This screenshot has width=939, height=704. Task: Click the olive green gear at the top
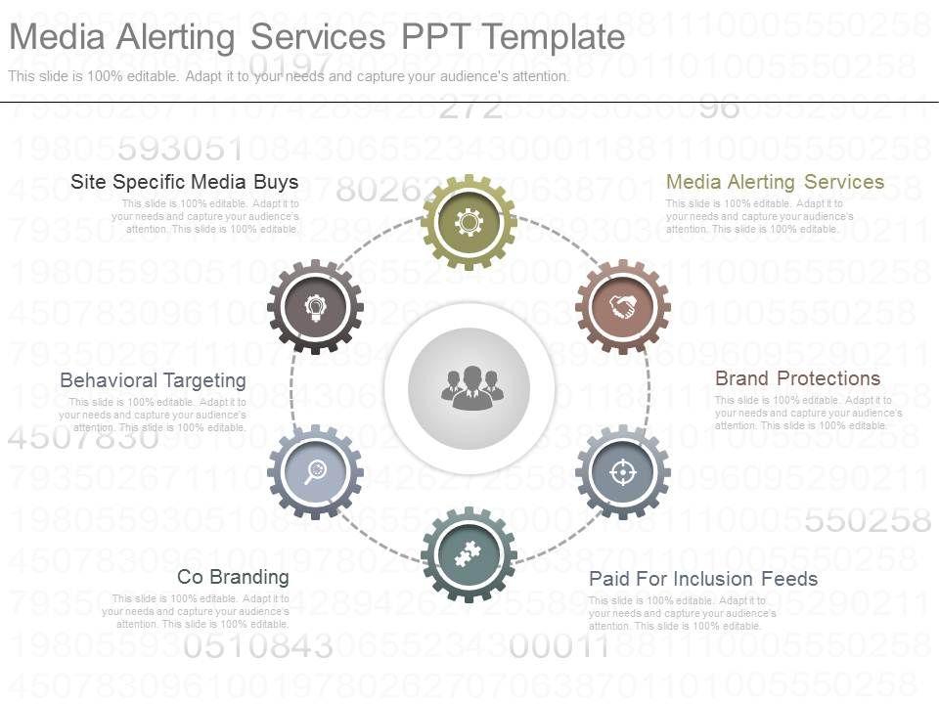[x=469, y=223]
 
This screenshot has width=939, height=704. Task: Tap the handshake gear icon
[x=622, y=307]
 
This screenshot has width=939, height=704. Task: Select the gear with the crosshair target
[x=622, y=472]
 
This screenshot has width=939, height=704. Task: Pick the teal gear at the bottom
[x=469, y=554]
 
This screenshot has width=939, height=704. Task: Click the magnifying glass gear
[x=315, y=472]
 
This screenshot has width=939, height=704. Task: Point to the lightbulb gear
[x=315, y=307]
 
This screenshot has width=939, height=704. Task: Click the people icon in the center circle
[x=469, y=387]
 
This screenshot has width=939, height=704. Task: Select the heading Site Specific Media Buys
[x=185, y=182]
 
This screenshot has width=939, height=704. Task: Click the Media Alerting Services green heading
[x=775, y=182]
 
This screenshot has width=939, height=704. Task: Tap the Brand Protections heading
[x=797, y=378]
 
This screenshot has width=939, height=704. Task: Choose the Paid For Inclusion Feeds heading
[x=703, y=579]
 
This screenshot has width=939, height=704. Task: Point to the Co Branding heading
[x=233, y=577]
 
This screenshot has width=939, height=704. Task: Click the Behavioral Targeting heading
[x=153, y=380]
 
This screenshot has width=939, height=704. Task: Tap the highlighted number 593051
[x=179, y=151]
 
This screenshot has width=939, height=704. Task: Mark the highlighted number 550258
[x=867, y=521]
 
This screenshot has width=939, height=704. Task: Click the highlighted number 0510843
[x=258, y=646]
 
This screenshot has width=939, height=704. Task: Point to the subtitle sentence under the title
[x=289, y=76]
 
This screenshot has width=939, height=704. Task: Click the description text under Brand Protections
[x=808, y=413]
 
